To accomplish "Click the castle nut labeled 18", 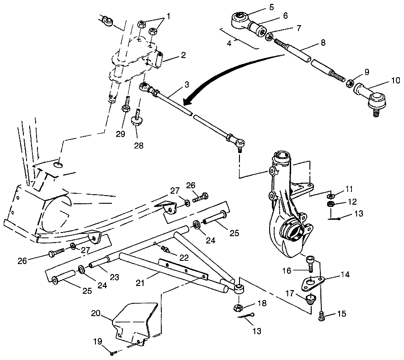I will (238, 307).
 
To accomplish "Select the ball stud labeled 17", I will (311, 300).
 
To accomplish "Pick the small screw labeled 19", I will (112, 352).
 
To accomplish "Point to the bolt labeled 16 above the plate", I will (310, 263).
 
